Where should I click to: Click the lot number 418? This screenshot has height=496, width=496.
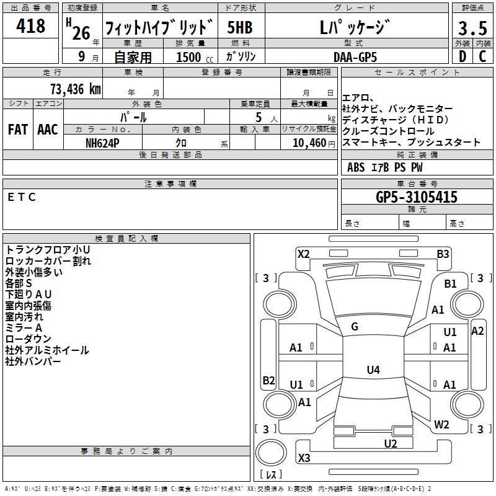coord(32,26)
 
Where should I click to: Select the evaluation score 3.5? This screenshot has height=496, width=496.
coord(471,29)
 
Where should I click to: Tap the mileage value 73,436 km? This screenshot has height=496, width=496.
coord(73,89)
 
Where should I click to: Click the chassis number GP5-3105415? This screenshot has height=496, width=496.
coord(417,197)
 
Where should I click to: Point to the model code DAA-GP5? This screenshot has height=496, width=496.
coord(355,56)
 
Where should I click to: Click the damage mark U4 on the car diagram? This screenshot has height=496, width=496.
coord(373,370)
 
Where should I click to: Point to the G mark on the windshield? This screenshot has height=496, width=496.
coord(355,327)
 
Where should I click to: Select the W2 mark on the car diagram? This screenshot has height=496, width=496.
coord(441,425)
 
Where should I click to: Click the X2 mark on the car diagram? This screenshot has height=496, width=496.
coord(303,254)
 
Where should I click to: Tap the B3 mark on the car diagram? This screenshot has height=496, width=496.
coord(443,254)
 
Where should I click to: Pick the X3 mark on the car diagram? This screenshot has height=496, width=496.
coord(304,458)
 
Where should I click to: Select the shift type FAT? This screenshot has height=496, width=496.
coord(18,130)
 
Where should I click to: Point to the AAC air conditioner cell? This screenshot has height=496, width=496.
coord(48,130)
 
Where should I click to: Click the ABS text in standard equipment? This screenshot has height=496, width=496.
coord(356,167)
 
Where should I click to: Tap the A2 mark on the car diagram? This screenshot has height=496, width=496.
coord(477,331)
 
